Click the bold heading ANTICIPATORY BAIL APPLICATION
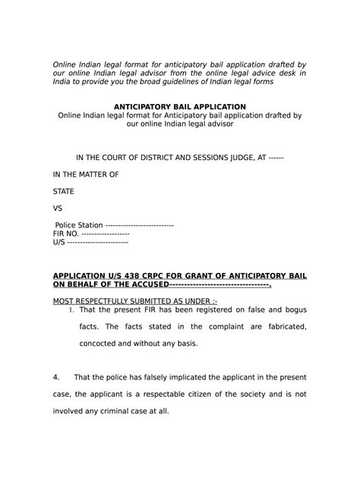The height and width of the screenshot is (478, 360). pos(179,106)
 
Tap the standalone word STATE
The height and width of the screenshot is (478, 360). pos(63,191)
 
